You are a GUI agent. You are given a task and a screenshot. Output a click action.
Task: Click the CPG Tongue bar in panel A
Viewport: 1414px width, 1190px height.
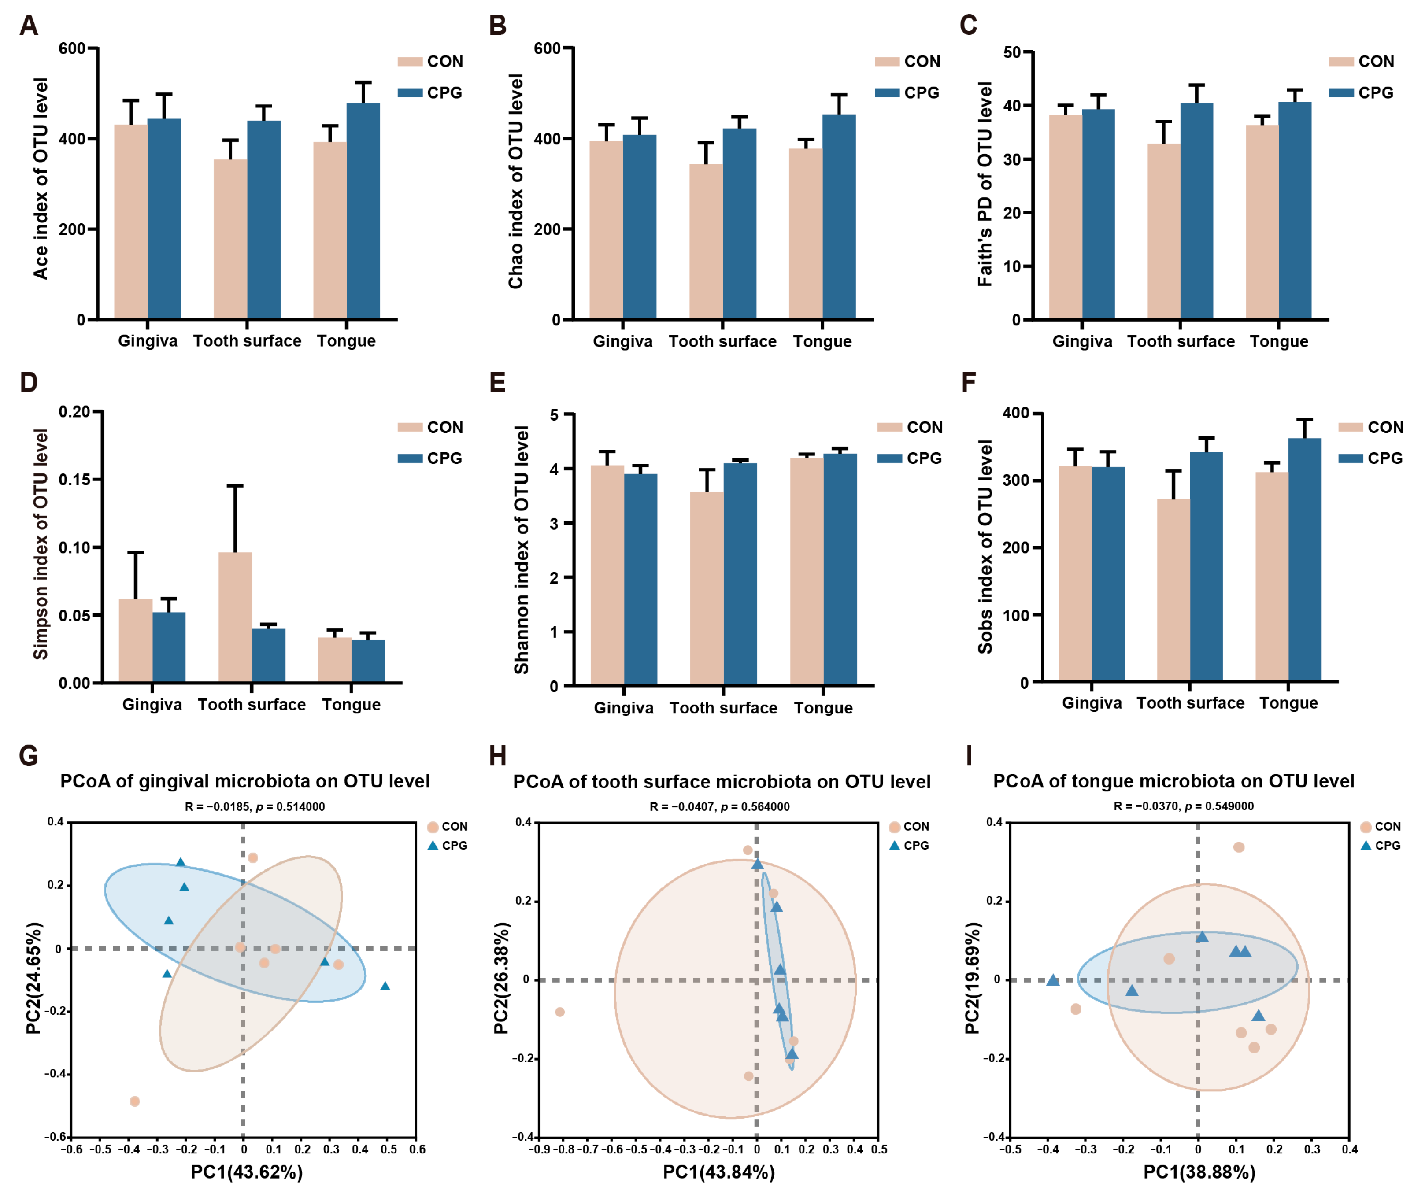tap(363, 211)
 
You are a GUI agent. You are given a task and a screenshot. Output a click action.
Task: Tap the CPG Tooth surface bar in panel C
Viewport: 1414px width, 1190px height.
tap(1196, 211)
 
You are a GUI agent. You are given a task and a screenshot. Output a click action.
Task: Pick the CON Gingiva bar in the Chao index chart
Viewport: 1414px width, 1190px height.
tap(606, 229)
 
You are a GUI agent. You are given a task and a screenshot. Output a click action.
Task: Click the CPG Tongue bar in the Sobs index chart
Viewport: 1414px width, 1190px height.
tap(1304, 559)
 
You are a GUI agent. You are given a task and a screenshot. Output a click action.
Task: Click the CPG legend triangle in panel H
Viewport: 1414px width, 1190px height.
tap(895, 845)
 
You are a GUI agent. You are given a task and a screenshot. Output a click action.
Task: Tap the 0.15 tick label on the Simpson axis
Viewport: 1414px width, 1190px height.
tap(74, 480)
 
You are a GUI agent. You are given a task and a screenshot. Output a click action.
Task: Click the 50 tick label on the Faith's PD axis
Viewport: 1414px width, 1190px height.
tap(1011, 52)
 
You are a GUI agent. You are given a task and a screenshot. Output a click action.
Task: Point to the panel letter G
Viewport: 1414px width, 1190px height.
tap(28, 756)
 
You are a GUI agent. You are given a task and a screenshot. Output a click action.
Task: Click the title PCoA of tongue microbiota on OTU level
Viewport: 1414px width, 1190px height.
tap(1173, 781)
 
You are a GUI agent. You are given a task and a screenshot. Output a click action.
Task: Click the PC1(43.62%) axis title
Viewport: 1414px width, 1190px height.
tap(246, 1172)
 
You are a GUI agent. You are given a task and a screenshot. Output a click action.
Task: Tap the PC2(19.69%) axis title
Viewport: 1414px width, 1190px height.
tap(971, 978)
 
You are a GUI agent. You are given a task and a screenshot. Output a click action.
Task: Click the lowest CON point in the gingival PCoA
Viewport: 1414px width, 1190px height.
tap(134, 1101)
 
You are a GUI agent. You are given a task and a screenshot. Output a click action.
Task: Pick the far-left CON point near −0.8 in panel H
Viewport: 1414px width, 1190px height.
tap(559, 1012)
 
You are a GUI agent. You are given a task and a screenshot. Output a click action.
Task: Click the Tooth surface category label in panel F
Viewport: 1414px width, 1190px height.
tap(1190, 703)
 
